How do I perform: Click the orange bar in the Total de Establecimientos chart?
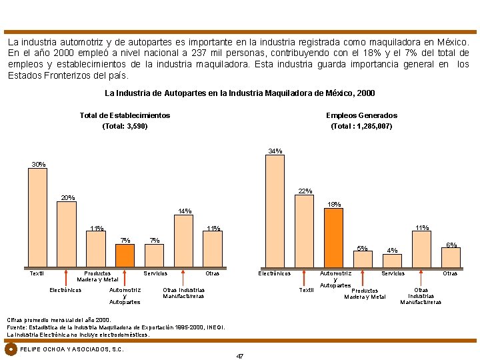tap(125, 255)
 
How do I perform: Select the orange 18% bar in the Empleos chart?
tap(333, 237)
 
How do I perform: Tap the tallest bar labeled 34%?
tap(275, 211)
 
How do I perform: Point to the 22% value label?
tap(305, 191)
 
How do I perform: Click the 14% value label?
tap(185, 211)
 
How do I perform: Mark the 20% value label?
tap(67, 198)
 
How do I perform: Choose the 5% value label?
tap(362, 249)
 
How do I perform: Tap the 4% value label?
tap(393, 251)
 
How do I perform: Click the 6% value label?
tap(451, 245)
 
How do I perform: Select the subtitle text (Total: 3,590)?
tap(125, 126)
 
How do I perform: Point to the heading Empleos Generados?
tap(361, 115)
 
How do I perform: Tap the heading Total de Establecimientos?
tap(125, 115)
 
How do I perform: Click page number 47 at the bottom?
tap(240, 356)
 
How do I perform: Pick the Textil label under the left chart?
tap(37, 273)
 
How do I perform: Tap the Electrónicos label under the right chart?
tap(275, 273)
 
